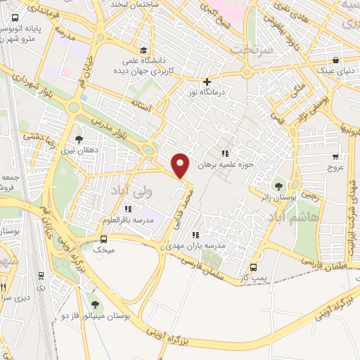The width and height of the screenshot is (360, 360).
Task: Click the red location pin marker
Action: click(181, 165)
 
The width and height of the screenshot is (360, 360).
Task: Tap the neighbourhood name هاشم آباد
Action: click(317, 218)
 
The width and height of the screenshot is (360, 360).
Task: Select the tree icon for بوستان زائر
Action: click(280, 187)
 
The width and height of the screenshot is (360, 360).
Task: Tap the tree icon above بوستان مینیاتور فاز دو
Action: click(94, 306)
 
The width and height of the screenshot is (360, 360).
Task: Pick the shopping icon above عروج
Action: click(335, 157)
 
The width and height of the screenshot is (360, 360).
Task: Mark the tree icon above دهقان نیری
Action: click(79, 139)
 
